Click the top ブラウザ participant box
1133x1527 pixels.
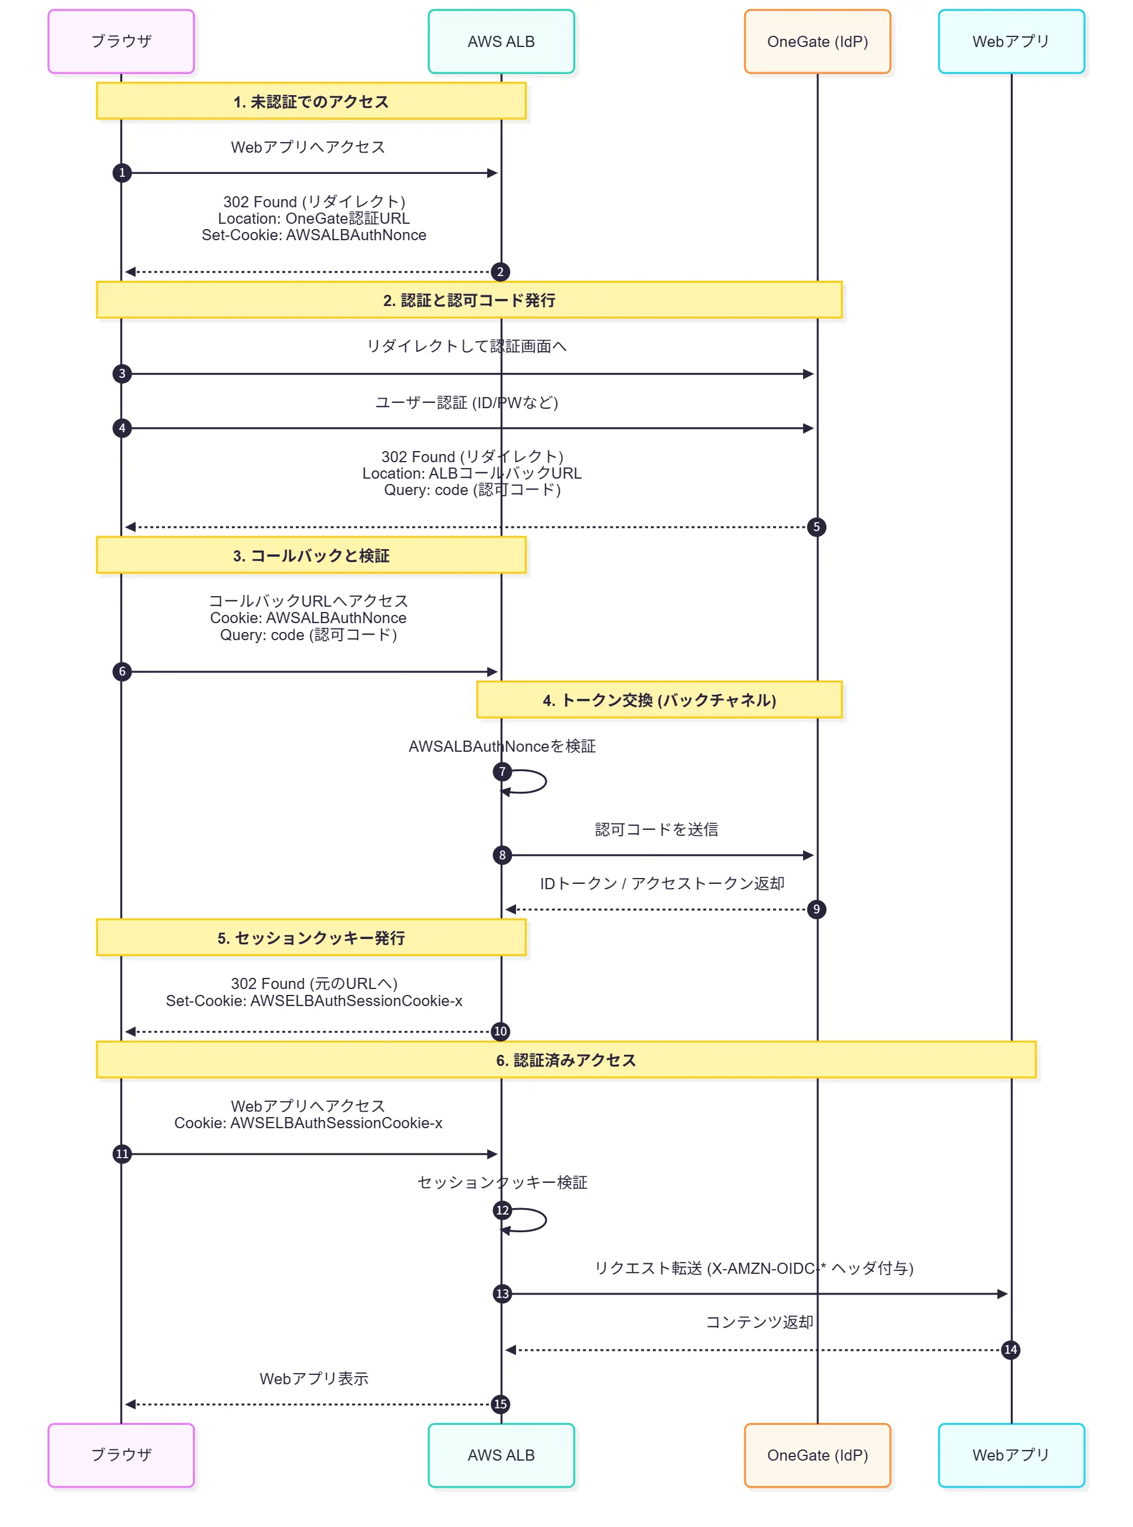point(121,41)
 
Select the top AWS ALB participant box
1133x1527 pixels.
point(501,41)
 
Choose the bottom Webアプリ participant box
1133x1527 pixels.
point(1011,1455)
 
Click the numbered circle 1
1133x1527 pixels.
point(122,173)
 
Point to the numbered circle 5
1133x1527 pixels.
point(816,527)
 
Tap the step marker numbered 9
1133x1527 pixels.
point(816,910)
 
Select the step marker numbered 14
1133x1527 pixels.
point(1010,1350)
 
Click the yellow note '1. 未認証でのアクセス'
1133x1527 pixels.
point(311,102)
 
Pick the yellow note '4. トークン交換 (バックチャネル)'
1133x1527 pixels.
point(659,699)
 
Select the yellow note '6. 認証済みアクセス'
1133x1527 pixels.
point(566,1060)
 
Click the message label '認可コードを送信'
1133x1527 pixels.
point(656,829)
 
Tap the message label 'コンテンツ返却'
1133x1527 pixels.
point(759,1322)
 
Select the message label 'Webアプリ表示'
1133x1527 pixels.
point(313,1378)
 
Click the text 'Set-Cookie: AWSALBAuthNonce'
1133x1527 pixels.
point(313,236)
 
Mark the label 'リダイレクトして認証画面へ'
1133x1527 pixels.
point(466,346)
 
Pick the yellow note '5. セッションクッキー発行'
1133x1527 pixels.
point(311,938)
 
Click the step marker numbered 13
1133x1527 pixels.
point(502,1294)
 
